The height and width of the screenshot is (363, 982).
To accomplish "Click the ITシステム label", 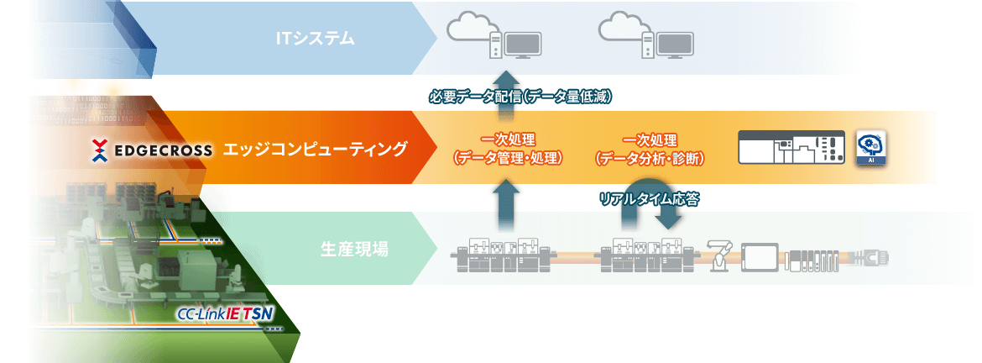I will [x=316, y=38].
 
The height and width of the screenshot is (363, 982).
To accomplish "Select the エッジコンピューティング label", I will [x=315, y=150].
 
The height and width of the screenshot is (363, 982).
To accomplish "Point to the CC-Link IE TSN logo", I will [x=226, y=314].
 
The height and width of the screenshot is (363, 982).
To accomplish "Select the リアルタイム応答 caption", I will [x=649, y=199].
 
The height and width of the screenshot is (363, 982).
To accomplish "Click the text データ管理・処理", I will [x=507, y=158].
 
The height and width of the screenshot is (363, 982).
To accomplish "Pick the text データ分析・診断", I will [x=649, y=158].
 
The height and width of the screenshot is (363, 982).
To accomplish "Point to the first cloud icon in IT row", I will [x=471, y=29].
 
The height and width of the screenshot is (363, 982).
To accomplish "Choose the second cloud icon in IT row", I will [x=622, y=29].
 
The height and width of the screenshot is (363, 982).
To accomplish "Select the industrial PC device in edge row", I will [x=791, y=147].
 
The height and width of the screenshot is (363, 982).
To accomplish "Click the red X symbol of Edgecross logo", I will [x=101, y=151].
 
